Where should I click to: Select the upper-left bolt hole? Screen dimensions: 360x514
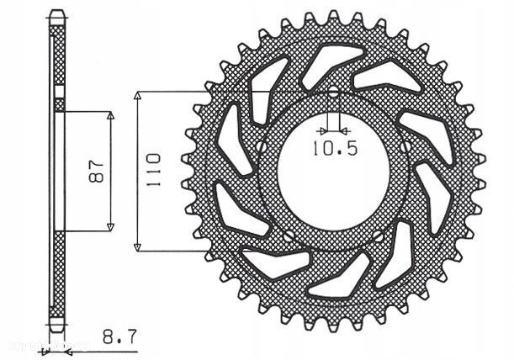(262, 146)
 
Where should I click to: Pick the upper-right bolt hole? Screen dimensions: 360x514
(406, 146)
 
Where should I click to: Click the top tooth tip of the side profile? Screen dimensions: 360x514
(57, 13)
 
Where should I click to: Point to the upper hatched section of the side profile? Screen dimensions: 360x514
(57, 59)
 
